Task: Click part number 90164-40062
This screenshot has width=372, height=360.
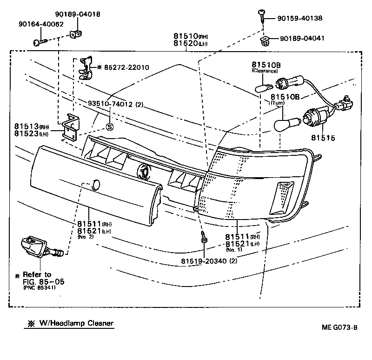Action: pos(41,24)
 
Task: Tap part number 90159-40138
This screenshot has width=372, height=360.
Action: pos(299,18)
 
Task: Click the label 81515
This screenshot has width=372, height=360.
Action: pos(324,138)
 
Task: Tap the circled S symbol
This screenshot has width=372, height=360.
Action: pos(110,126)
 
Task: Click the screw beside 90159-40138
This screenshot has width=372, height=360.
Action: pos(262,16)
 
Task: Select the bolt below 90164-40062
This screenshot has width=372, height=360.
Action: pos(40,43)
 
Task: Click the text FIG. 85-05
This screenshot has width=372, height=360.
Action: pos(43,281)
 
